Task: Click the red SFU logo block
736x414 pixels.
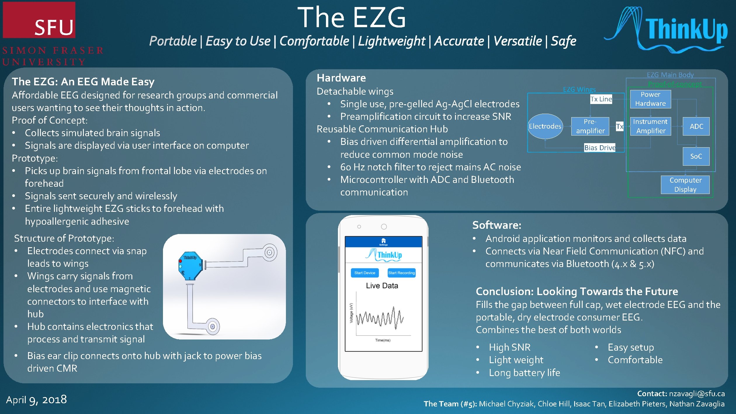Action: click(x=39, y=20)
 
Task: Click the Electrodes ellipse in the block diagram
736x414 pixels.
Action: click(x=545, y=126)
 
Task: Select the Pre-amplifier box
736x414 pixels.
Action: click(x=590, y=126)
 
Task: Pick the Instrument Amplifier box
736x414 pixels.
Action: click(x=650, y=126)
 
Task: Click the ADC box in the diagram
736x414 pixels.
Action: click(x=696, y=126)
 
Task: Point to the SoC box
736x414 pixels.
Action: click(x=696, y=156)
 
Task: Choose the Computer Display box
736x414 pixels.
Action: click(x=685, y=185)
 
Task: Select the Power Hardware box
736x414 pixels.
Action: click(x=650, y=99)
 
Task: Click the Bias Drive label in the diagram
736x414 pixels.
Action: click(x=600, y=148)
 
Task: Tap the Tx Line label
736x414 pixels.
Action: click(x=601, y=99)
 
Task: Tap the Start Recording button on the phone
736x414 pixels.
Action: click(x=401, y=273)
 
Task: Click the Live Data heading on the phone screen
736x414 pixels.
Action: click(x=382, y=286)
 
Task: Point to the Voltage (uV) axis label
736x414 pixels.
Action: click(x=351, y=313)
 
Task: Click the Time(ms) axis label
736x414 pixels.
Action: click(x=383, y=340)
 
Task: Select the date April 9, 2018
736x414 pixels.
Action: click(x=37, y=400)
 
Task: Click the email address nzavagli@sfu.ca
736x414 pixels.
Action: click(x=697, y=394)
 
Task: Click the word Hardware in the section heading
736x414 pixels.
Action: click(x=341, y=78)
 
